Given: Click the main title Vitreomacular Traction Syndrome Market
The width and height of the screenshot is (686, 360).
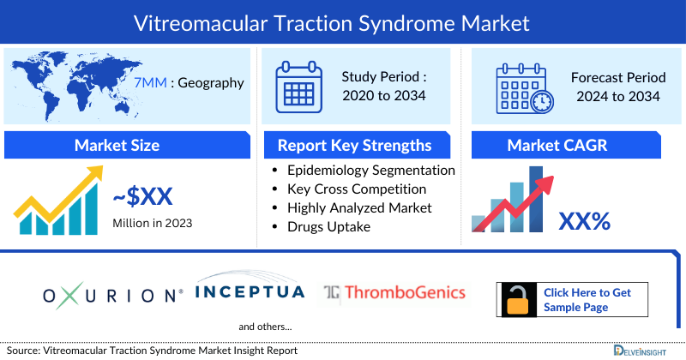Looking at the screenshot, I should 343,21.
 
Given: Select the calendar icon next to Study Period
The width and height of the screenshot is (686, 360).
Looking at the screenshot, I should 298,87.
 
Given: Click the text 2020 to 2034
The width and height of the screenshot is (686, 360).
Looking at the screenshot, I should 383,96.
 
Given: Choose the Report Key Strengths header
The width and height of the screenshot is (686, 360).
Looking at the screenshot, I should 353,144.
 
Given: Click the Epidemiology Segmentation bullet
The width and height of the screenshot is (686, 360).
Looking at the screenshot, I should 370,171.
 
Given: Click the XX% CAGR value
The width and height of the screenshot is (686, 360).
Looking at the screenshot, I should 584,221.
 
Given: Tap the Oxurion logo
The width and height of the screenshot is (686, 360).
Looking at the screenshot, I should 113,296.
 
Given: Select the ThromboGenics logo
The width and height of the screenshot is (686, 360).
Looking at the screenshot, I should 394,293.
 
